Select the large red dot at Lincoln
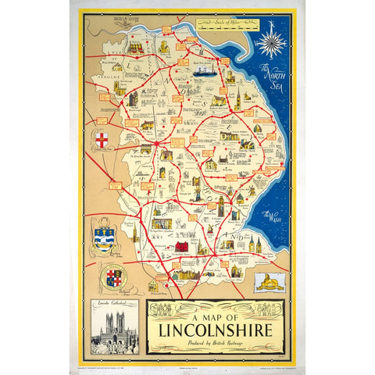157,144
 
